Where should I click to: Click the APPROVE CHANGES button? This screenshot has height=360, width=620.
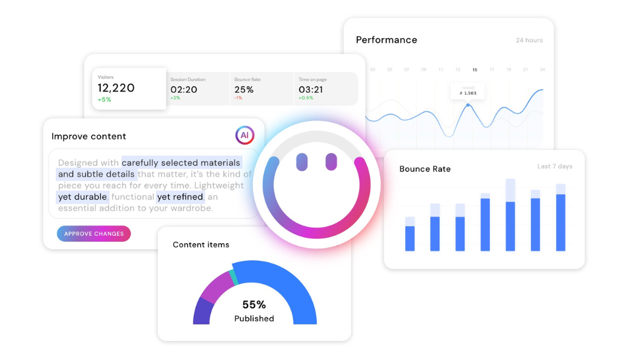[94, 233]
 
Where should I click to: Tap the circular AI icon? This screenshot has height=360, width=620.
[244, 136]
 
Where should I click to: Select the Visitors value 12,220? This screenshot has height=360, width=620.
[116, 88]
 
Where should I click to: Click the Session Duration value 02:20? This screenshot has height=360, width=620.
[184, 89]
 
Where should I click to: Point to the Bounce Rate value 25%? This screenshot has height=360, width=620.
[244, 89]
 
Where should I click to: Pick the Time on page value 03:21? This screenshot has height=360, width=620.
[311, 89]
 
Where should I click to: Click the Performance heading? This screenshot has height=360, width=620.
[386, 40]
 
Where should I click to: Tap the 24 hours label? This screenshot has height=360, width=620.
[529, 41]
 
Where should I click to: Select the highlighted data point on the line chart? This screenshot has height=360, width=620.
[468, 105]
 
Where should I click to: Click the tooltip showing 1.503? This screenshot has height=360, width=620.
[467, 92]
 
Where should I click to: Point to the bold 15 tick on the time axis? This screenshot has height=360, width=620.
[475, 70]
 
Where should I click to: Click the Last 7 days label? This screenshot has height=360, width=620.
[554, 166]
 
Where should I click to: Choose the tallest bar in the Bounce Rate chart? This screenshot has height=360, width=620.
[510, 215]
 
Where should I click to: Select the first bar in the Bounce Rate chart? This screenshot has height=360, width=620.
[409, 234]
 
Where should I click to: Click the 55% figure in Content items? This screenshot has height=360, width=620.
[254, 305]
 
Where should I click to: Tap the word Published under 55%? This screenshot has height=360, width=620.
[254, 318]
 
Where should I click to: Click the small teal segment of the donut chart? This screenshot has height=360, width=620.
[232, 276]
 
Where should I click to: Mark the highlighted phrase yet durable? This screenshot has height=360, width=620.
[83, 197]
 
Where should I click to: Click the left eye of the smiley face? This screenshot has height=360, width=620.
[301, 162]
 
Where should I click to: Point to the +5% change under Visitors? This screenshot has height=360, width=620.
[104, 100]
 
